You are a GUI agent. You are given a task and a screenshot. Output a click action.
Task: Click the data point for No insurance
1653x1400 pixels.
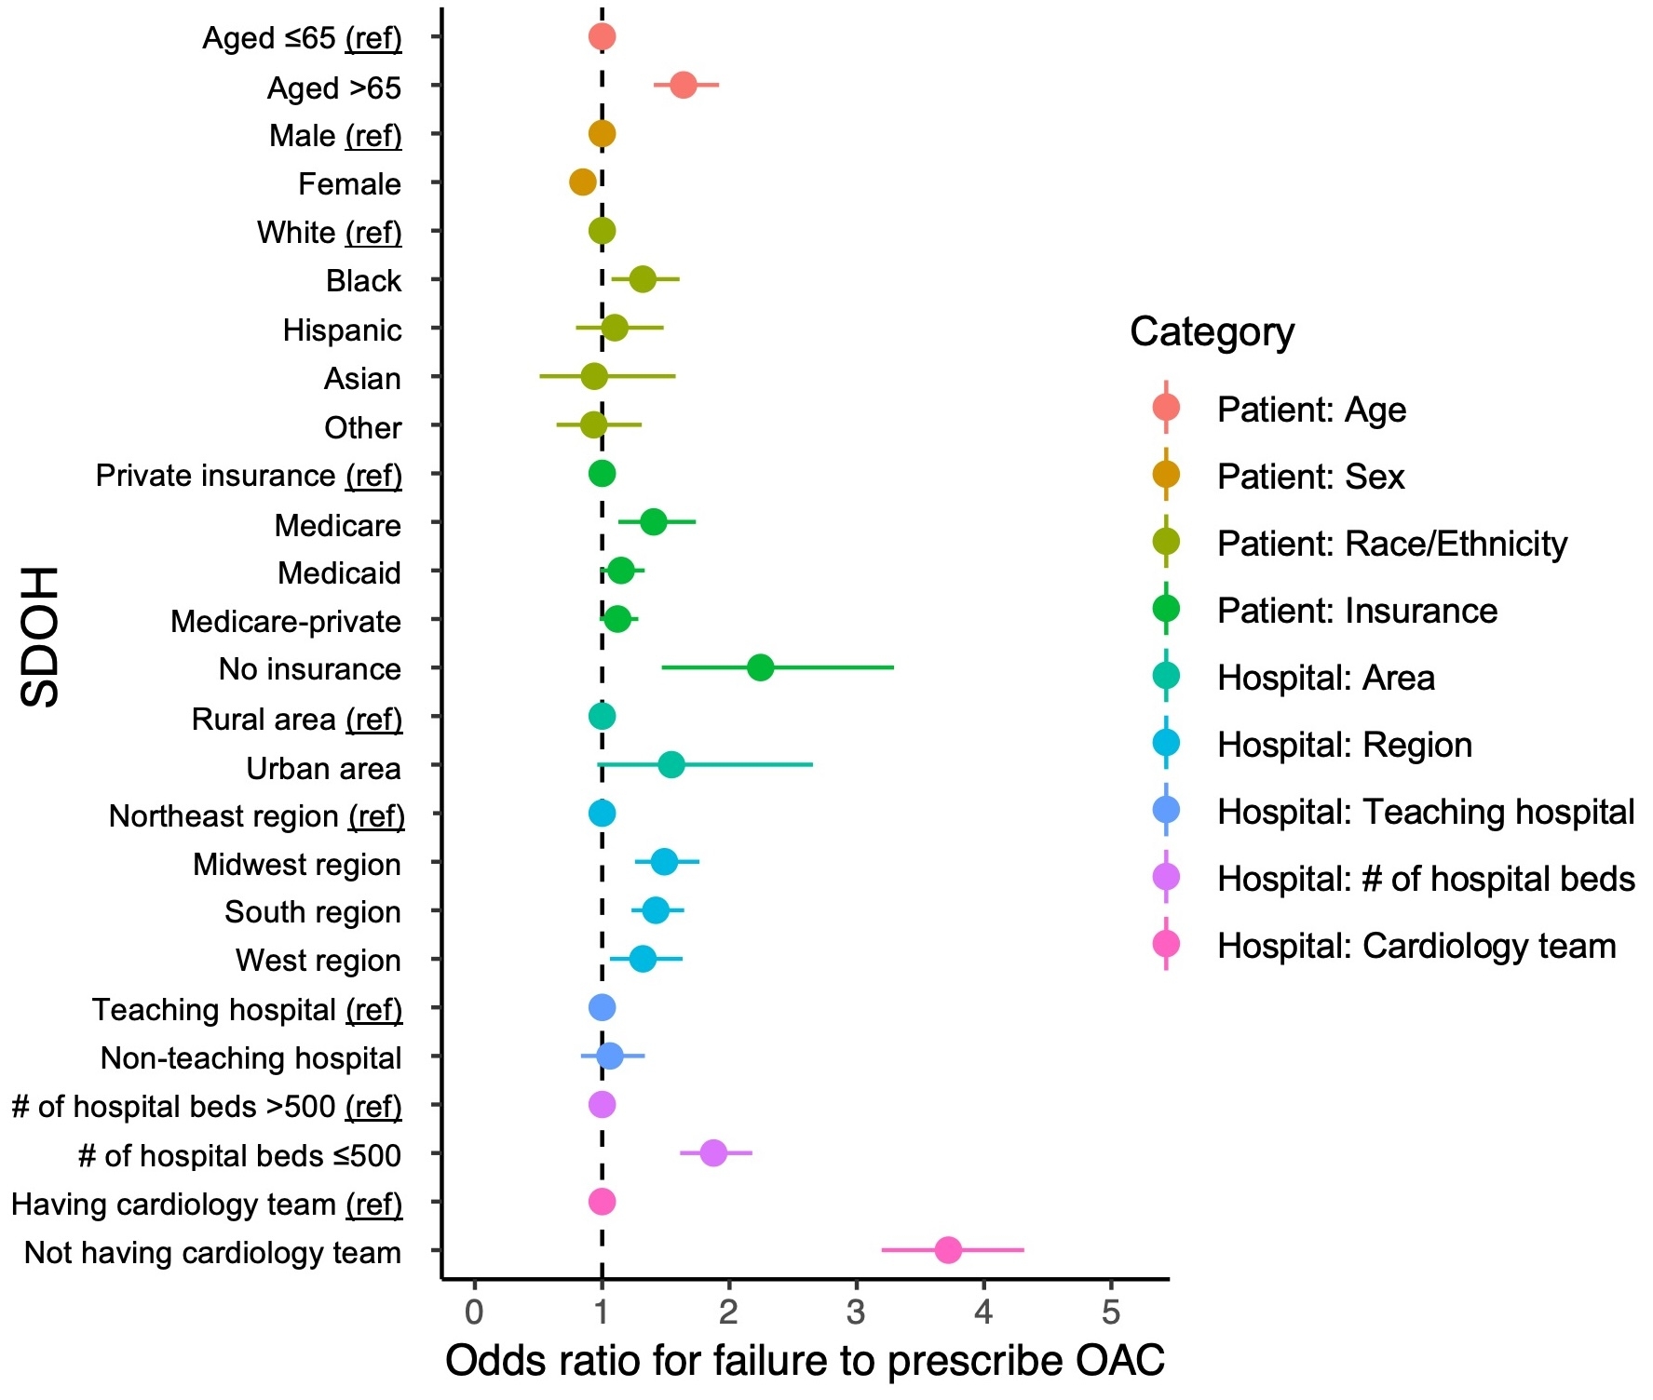[760, 667]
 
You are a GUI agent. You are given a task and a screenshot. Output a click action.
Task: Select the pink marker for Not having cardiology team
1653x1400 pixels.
[948, 1250]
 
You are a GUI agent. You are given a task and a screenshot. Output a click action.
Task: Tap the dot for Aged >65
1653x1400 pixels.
[683, 86]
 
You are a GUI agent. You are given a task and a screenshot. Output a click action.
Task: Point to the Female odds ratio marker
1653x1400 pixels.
[582, 182]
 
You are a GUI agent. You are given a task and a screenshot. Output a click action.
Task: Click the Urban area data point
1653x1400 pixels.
[671, 765]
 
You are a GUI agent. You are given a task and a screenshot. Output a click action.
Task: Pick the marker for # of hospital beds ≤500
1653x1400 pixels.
[712, 1153]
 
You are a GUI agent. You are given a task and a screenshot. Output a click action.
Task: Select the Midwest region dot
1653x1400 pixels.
[664, 862]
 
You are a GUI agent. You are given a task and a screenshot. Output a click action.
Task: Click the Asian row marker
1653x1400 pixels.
[594, 377]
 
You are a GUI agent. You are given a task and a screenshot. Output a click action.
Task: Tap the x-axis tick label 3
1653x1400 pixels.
[856, 1312]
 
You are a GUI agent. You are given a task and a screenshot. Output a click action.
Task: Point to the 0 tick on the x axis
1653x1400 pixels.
[474, 1312]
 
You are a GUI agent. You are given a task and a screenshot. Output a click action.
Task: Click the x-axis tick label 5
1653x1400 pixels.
[1110, 1312]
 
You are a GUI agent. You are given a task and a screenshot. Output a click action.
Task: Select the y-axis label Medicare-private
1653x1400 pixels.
[286, 621]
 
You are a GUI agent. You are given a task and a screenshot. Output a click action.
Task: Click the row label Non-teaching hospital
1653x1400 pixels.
[251, 1057]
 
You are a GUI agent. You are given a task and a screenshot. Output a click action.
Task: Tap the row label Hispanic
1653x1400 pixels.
[342, 330]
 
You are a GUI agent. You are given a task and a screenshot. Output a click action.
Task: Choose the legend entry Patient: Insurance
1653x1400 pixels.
[1357, 611]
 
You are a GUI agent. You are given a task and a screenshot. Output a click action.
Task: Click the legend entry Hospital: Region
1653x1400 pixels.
[1344, 745]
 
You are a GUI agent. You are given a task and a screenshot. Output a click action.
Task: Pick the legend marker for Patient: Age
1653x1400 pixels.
[1166, 408]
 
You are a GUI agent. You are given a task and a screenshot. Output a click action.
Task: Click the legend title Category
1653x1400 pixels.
[1212, 332]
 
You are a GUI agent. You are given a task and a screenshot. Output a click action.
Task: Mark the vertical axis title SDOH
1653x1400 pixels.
[40, 637]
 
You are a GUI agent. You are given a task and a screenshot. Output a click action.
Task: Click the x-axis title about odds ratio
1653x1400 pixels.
[805, 1361]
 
